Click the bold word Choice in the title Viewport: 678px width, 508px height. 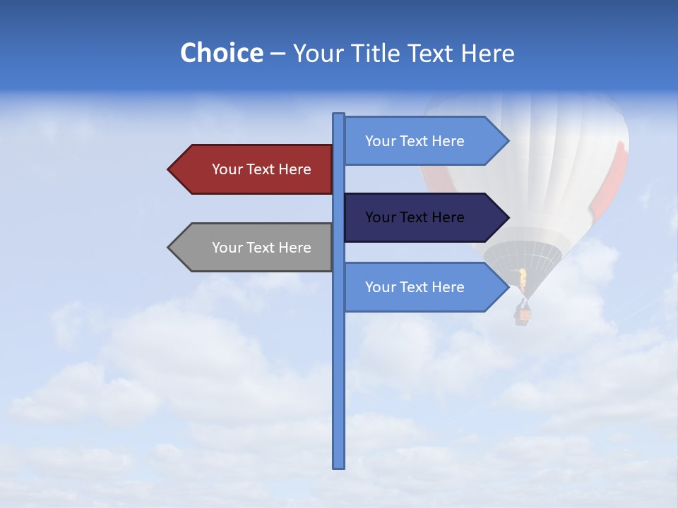click(x=221, y=53)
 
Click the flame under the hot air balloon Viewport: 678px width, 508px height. click(x=523, y=280)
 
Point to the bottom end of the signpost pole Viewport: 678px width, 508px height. click(x=339, y=466)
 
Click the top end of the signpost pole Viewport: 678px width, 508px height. click(x=339, y=115)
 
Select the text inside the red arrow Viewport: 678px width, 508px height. click(x=261, y=169)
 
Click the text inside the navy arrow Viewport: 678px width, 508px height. click(x=415, y=217)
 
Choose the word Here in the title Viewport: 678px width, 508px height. click(x=487, y=53)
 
